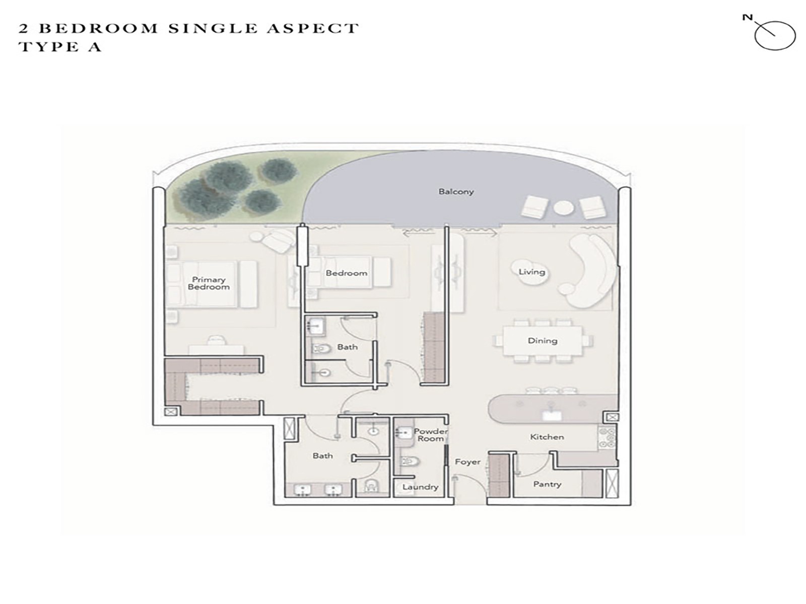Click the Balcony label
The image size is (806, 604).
456,191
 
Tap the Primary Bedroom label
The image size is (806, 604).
209,283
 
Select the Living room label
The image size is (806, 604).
531,272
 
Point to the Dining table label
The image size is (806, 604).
543,341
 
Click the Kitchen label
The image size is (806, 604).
547,437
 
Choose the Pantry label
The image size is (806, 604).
547,484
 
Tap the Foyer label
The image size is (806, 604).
467,462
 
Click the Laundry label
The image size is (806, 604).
421,487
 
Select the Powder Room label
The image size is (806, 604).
431,434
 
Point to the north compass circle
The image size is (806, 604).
775,35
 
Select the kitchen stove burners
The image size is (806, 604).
608,438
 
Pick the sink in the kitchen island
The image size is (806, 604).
551,415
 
